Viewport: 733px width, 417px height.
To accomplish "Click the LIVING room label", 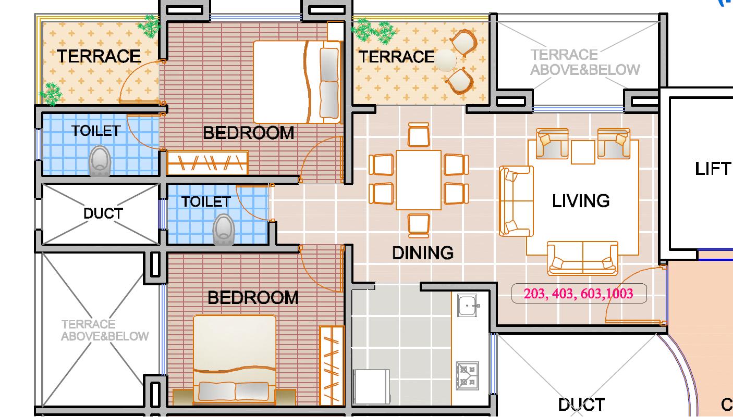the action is pyautogui.click(x=581, y=200).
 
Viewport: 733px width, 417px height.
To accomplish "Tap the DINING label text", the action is pyautogui.click(x=423, y=253).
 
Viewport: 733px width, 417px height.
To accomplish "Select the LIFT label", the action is pyautogui.click(x=713, y=169).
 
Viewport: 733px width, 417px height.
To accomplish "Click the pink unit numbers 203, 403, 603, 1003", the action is pyautogui.click(x=578, y=294).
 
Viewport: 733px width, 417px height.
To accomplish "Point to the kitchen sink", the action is pyautogui.click(x=467, y=306).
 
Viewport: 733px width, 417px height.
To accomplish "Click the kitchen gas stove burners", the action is pyautogui.click(x=467, y=376).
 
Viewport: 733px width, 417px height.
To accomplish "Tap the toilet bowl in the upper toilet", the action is pyautogui.click(x=100, y=161).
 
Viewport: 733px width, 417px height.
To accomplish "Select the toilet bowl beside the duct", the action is pyautogui.click(x=224, y=230).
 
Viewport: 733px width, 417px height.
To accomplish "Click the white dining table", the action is pyautogui.click(x=419, y=180).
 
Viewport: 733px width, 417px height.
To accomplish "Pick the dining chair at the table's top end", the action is pyautogui.click(x=419, y=135).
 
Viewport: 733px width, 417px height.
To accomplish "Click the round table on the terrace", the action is pyautogui.click(x=445, y=60).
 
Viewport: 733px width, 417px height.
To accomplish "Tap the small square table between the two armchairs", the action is pyautogui.click(x=583, y=153).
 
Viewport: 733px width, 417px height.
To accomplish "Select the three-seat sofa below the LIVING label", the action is pyautogui.click(x=582, y=258).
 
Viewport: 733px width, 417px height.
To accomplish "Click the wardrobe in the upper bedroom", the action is pyautogui.click(x=207, y=162).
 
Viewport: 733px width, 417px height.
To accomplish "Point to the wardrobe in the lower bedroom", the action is pyautogui.click(x=332, y=365).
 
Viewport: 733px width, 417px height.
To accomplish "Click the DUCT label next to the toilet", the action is pyautogui.click(x=103, y=214).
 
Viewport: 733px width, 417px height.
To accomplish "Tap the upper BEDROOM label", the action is pyautogui.click(x=248, y=133).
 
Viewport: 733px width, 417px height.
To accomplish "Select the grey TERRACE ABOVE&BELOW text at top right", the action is pyautogui.click(x=585, y=62).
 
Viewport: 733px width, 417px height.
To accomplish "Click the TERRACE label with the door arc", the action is pyautogui.click(x=99, y=56).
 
